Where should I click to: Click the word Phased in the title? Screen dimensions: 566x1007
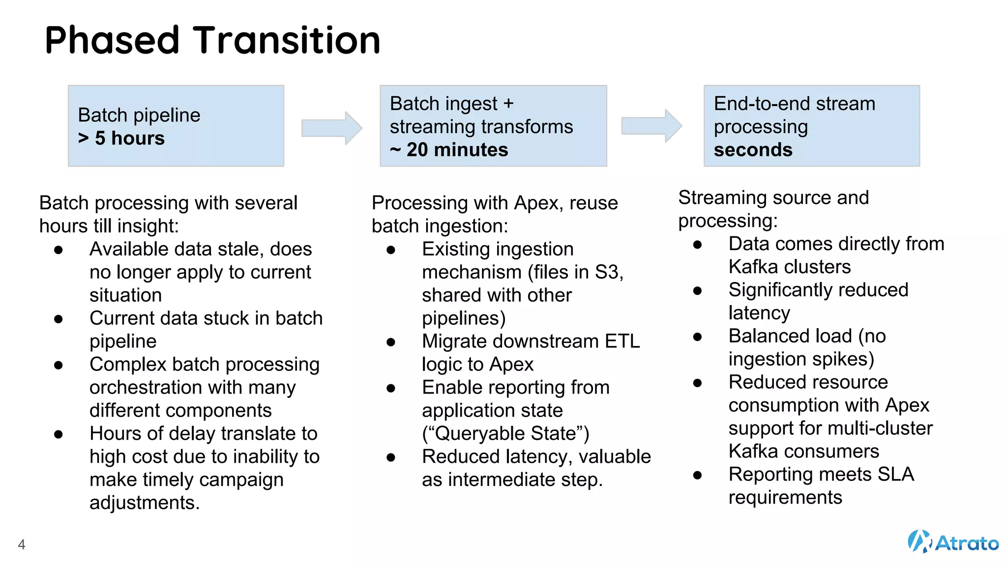pos(112,40)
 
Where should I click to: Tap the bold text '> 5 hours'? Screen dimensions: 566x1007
pos(121,139)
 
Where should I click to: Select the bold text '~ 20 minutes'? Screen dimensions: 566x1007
pos(449,150)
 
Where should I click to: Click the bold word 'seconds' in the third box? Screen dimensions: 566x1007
pos(753,150)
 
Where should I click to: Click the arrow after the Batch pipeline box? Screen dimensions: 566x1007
pos(332,128)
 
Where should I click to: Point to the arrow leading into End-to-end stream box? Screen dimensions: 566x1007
pos(652,126)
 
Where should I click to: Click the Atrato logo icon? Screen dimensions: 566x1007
pos(918,541)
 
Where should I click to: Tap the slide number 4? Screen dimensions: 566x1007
pos(22,544)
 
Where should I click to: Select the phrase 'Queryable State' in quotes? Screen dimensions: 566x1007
pos(505,434)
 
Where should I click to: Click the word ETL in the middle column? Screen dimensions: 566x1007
pos(622,341)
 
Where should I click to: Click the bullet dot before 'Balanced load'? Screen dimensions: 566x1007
pos(697,337)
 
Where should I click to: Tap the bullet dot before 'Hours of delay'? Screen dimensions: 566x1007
pos(59,434)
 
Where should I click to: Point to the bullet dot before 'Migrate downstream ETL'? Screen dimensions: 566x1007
pos(391,342)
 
